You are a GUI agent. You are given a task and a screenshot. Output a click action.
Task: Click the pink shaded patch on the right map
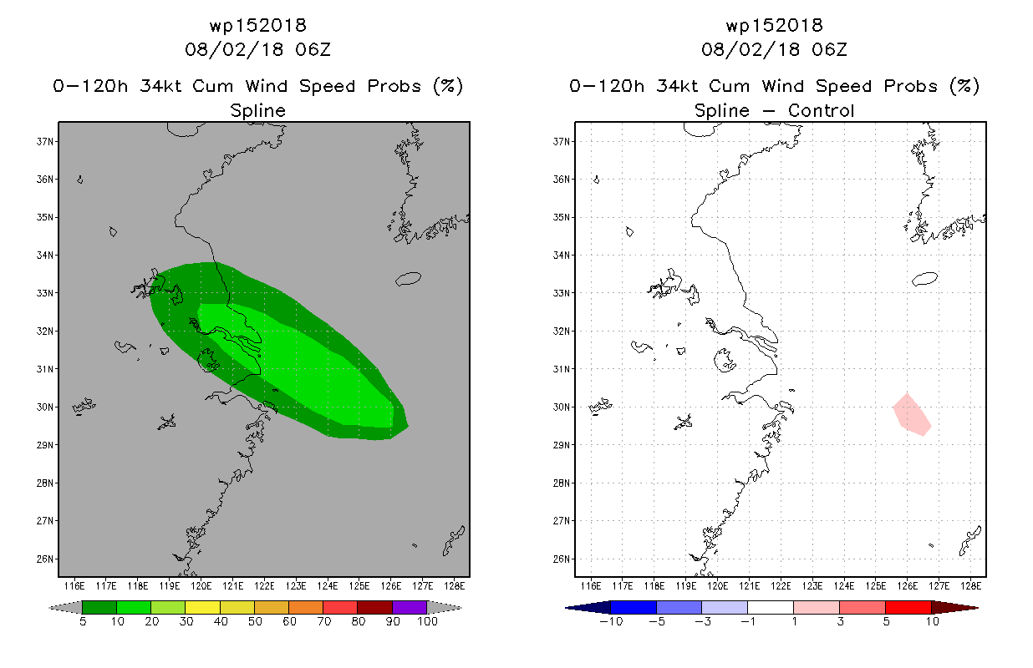912,416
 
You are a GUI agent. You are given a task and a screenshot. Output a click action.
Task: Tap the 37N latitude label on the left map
45,141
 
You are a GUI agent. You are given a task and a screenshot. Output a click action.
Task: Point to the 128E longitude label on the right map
971,586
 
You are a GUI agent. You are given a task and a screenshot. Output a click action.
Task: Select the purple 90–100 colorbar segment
410,607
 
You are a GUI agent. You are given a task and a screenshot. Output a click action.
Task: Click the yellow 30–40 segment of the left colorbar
202,607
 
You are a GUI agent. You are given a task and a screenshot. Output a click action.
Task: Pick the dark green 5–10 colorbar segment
99,607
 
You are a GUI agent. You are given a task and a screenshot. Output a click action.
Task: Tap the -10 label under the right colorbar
611,621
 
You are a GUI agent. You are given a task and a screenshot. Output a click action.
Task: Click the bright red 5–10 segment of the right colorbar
908,607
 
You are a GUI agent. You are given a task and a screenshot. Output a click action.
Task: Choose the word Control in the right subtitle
821,110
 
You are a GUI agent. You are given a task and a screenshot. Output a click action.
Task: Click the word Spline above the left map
257,111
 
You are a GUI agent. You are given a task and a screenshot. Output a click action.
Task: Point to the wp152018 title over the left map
257,25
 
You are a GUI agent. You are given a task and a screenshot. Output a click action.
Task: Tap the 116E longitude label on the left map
74,586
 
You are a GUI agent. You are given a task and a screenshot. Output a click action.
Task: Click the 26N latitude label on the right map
562,559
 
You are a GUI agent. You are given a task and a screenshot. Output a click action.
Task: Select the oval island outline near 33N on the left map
408,279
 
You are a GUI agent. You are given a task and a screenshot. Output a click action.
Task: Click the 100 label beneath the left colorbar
427,621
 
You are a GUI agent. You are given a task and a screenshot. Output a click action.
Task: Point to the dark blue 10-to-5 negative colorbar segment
634,607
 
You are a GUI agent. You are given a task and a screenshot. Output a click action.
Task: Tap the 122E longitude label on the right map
781,586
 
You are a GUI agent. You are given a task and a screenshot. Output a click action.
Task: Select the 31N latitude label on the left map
45,369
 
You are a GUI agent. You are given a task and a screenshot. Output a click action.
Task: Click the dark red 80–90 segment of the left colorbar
375,607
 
